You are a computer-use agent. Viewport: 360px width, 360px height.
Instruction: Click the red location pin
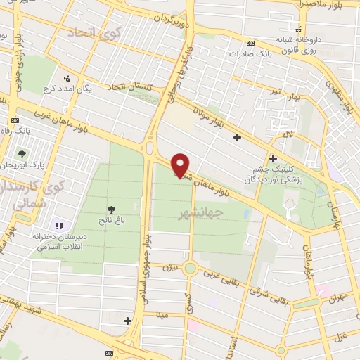[x=181, y=165]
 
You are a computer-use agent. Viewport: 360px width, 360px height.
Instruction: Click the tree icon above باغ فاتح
[x=110, y=209]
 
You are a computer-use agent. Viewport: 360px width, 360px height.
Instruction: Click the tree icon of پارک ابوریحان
[x=22, y=154]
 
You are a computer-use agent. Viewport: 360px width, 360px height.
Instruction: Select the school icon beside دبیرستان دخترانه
[x=59, y=226]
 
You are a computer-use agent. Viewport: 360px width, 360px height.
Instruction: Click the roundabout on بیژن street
[x=190, y=268]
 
